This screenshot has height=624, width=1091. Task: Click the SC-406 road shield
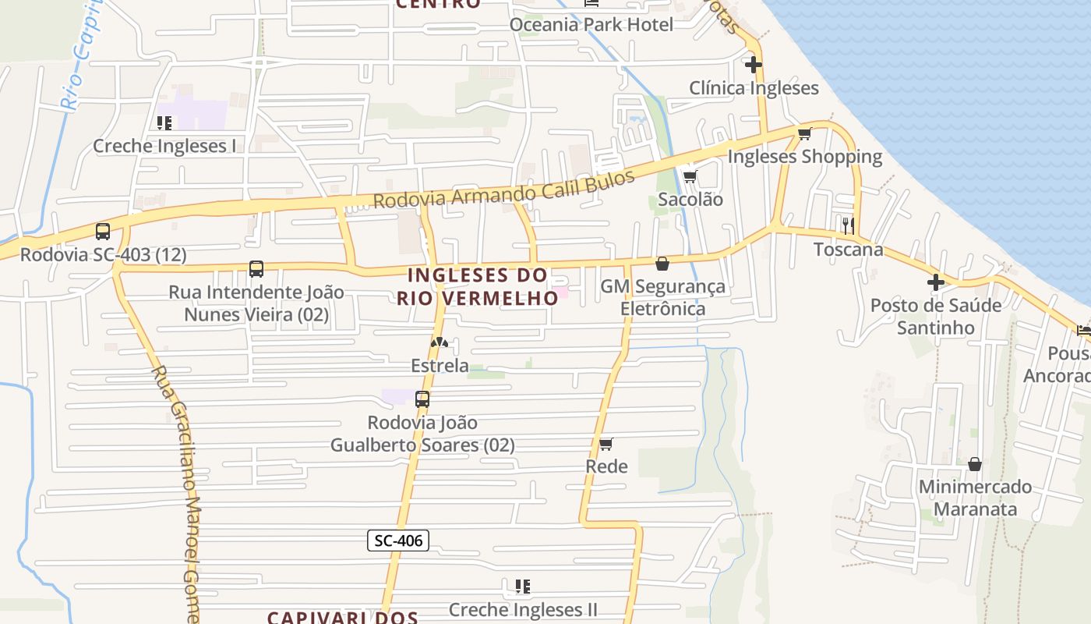(398, 540)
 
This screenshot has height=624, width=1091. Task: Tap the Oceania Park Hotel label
(591, 24)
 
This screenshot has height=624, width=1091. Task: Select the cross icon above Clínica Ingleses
(753, 65)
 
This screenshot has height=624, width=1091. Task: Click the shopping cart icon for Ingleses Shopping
(804, 134)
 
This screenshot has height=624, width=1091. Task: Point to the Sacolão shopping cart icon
(690, 176)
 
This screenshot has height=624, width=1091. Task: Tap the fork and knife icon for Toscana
(848, 226)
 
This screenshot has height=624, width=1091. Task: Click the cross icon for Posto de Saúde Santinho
(935, 282)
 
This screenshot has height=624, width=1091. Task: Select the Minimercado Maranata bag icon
(974, 464)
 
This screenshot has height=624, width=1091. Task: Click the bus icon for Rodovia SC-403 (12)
(103, 232)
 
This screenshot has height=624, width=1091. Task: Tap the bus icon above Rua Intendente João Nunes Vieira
(256, 269)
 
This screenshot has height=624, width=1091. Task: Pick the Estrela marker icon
(440, 342)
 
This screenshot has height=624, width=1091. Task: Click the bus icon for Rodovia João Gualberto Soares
(422, 399)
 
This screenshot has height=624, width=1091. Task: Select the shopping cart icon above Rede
(606, 444)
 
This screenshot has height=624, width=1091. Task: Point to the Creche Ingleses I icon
(164, 123)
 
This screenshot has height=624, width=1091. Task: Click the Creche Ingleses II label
(523, 608)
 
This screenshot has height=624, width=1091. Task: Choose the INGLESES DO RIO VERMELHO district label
(477, 286)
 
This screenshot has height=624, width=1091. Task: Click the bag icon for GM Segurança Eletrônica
(662, 264)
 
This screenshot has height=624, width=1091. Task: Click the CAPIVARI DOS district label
(343, 617)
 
